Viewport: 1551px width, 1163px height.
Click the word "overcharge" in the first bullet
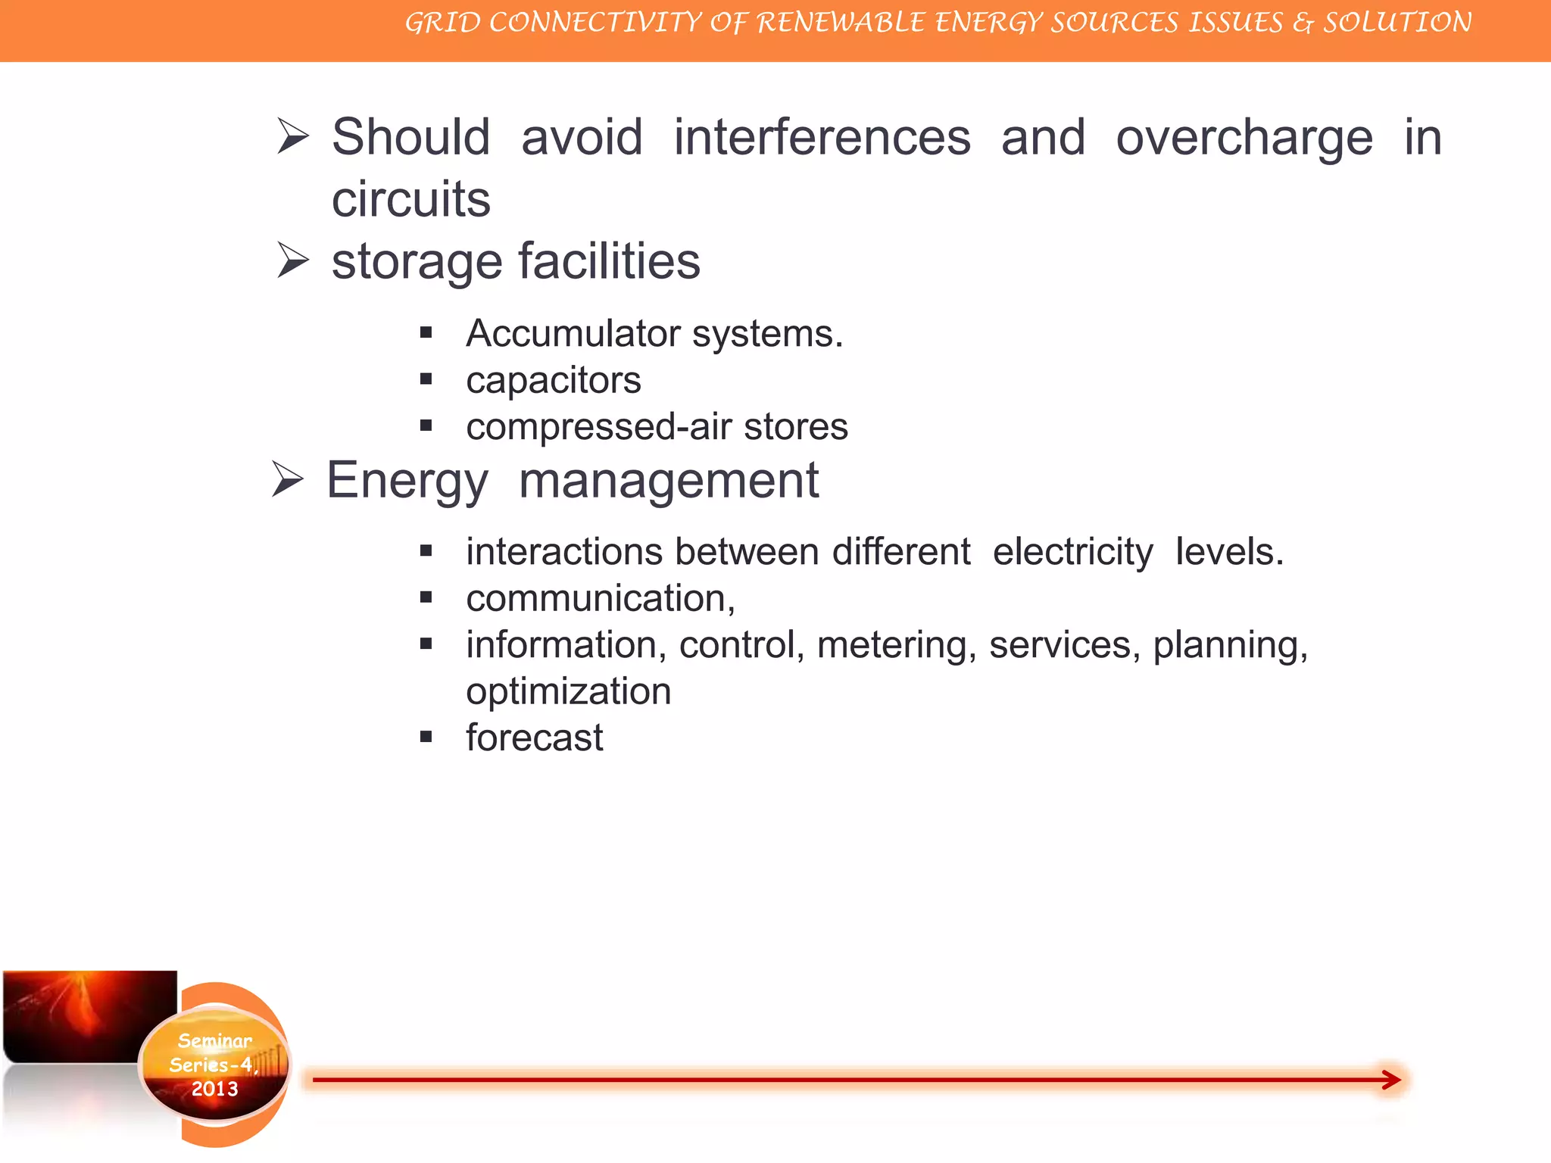pos(1244,139)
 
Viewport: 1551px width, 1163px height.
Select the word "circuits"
pos(411,199)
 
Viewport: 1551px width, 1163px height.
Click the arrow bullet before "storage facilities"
pos(293,260)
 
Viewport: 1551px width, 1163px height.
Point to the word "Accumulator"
pos(573,333)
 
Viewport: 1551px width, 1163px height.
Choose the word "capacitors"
pos(554,380)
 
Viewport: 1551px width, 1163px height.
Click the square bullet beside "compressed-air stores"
pos(426,426)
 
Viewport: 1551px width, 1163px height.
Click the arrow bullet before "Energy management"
pos(288,480)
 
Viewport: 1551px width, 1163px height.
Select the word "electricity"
pos(1072,551)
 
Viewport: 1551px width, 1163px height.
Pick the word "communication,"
pos(601,598)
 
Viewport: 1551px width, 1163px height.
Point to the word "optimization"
pos(569,691)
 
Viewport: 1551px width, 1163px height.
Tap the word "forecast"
pos(535,738)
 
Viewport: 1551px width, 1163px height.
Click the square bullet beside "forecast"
pos(426,737)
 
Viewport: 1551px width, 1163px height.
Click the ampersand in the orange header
pos(1303,23)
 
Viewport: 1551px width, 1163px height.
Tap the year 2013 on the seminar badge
pos(214,1089)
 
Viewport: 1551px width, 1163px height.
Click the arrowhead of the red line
pos(1391,1080)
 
